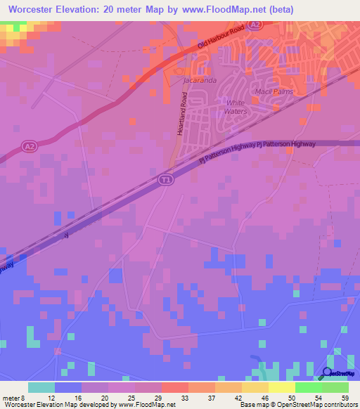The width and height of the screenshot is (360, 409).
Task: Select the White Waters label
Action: coord(236,108)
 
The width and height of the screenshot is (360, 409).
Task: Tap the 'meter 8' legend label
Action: coord(15,397)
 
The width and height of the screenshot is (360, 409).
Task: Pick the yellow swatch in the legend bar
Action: coord(282,387)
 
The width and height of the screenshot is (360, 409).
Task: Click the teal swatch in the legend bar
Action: coord(41,387)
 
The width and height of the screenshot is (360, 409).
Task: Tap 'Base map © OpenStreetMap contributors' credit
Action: coord(297,405)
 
